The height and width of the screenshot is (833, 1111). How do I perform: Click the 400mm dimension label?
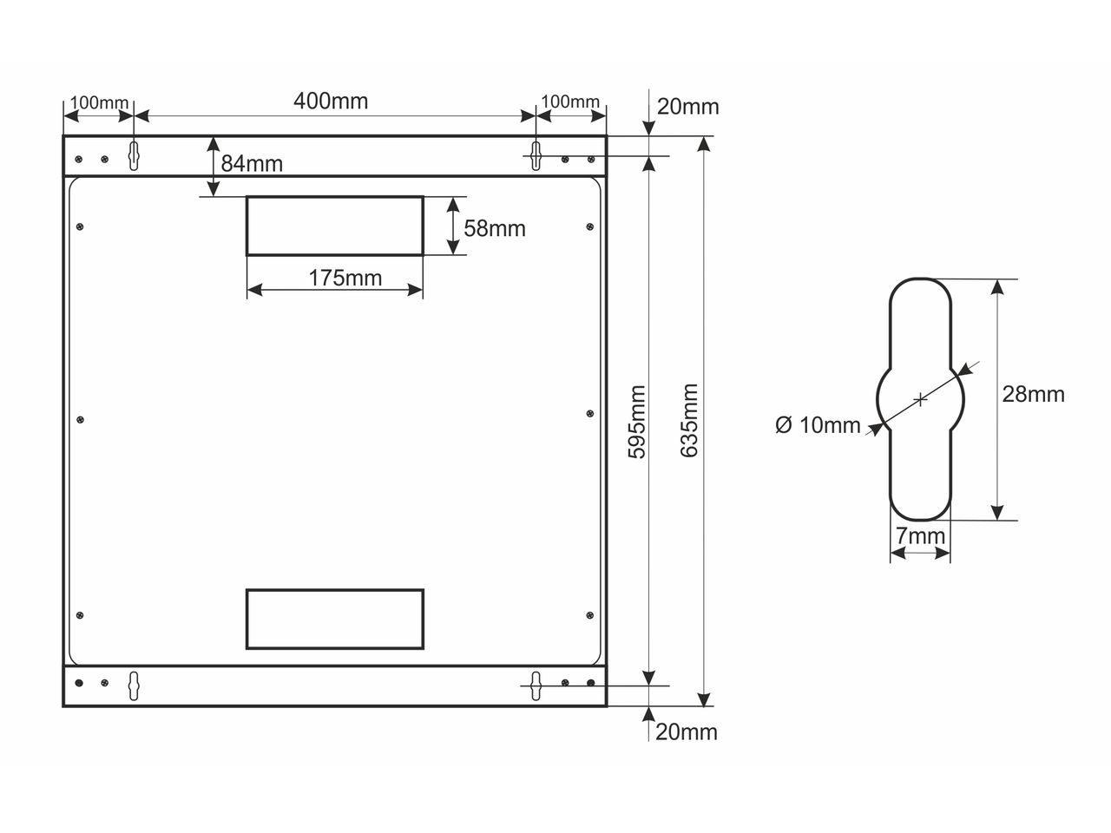(331, 102)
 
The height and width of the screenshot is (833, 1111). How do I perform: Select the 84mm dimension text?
(252, 164)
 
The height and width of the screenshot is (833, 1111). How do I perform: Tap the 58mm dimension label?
(495, 228)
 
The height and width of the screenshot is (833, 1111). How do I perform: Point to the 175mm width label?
(345, 279)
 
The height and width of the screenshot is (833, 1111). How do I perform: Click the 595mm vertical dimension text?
(637, 422)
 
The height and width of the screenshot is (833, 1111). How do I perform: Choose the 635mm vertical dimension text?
(689, 421)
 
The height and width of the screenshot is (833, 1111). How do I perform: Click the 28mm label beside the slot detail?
(1033, 395)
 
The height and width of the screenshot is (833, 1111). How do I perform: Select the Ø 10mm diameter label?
(818, 425)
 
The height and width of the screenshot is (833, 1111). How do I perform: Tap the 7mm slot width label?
(920, 536)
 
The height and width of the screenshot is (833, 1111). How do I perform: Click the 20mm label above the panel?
(687, 108)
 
